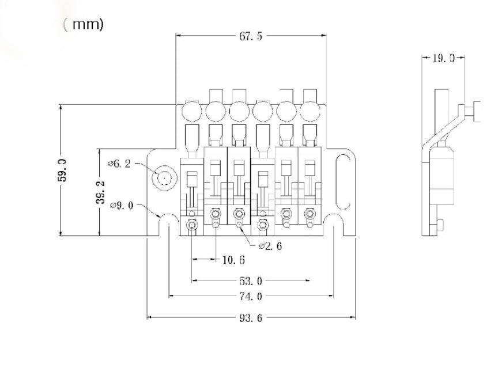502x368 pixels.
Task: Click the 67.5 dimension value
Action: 251,36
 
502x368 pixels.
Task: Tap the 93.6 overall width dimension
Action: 251,318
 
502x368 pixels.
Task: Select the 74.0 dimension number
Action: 251,297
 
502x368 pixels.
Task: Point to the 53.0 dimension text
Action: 251,281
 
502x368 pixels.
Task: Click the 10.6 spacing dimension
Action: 233,260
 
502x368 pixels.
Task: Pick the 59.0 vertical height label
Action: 62,170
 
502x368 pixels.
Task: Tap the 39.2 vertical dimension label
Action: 100,192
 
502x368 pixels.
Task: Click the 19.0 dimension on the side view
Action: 443,58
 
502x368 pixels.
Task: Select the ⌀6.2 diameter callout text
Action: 119,164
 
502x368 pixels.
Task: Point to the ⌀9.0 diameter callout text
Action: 122,205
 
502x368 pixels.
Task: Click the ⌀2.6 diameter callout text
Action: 270,246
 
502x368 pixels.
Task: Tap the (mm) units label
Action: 84,24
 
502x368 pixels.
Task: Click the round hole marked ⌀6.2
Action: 164,178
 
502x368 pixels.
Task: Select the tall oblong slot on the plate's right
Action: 343,181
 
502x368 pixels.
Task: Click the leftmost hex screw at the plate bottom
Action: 191,225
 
